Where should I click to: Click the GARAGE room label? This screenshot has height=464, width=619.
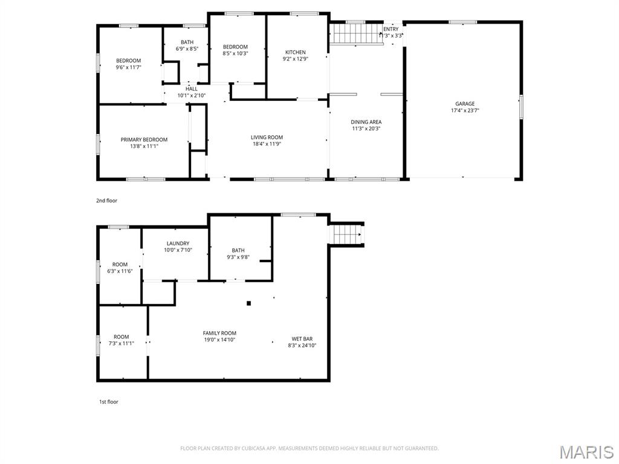[464, 104]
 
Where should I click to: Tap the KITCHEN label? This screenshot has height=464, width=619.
[296, 53]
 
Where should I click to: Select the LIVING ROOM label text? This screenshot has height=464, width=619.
[267, 138]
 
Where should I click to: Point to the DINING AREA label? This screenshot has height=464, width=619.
[366, 122]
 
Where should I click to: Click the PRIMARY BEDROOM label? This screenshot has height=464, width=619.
[144, 140]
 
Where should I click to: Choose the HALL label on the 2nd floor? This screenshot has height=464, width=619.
[191, 89]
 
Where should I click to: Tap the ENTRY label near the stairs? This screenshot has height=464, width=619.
[391, 29]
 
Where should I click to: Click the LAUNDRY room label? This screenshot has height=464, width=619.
[178, 243]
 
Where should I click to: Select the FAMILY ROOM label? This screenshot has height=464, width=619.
[219, 333]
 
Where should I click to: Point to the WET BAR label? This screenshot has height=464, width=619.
[302, 339]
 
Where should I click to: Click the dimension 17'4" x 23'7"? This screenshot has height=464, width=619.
[464, 111]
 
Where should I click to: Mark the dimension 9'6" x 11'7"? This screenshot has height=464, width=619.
[128, 67]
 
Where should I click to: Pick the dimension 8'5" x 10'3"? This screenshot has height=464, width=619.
[235, 54]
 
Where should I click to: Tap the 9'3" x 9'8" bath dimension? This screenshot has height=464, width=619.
[238, 257]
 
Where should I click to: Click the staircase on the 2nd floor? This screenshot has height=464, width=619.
[355, 33]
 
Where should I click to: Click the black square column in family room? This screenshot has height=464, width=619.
[248, 303]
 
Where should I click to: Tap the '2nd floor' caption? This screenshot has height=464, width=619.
[107, 201]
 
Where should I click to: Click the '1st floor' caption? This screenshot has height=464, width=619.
[109, 402]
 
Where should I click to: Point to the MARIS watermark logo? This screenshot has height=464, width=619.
[586, 452]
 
